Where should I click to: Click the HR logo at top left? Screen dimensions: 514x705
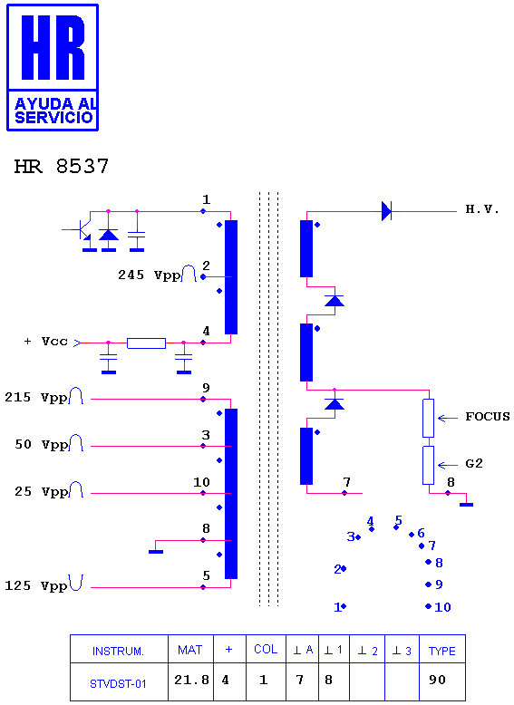53,67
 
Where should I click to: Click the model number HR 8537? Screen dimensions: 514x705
62,167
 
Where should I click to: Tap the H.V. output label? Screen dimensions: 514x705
482,209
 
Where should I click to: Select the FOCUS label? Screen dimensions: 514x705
488,416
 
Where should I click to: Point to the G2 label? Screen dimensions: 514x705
474,464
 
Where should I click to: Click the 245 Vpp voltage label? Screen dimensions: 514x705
149,275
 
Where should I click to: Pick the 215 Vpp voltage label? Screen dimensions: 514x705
36,398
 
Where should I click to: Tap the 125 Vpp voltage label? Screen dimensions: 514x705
36,585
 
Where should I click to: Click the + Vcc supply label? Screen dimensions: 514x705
46,342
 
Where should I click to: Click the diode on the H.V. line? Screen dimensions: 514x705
386,211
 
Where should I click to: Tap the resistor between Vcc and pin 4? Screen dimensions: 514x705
146,343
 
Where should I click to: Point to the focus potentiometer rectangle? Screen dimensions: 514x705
428,418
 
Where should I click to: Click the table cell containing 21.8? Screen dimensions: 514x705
191,681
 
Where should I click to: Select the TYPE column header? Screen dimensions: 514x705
442,651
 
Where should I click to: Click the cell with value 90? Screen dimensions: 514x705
442,681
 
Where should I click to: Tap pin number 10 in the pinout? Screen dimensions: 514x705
442,607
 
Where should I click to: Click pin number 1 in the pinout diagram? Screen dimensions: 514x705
337,607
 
